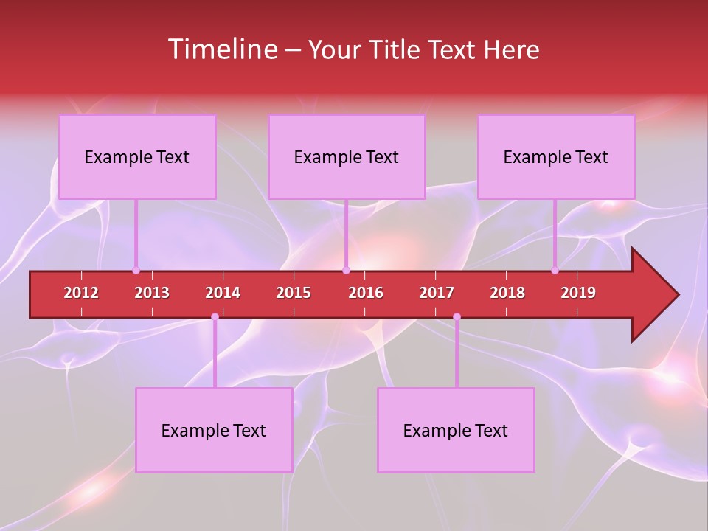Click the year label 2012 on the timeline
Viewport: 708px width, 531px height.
pos(81,293)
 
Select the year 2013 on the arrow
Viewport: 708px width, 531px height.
pos(152,293)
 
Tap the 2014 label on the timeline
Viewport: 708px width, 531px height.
pos(223,293)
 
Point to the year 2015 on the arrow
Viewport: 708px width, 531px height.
pos(294,293)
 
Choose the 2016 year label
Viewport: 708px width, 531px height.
pos(366,293)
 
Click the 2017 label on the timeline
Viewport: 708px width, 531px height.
pos(437,293)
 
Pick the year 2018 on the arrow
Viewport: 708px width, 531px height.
pos(507,293)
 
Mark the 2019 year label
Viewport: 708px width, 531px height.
pos(578,293)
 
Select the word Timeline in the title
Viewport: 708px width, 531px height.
pos(221,49)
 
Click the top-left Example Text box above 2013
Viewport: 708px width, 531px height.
pos(137,156)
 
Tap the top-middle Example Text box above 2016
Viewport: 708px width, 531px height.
pos(347,156)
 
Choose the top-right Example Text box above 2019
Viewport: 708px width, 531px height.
pos(556,156)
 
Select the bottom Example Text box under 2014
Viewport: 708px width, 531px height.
pos(214,430)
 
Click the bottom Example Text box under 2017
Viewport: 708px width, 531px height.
pos(456,430)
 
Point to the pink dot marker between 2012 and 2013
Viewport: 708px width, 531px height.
pos(136,271)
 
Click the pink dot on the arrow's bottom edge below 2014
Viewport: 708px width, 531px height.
pos(215,317)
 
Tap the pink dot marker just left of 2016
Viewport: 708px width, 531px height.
pos(346,271)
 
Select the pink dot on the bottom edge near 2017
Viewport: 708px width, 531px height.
pos(457,317)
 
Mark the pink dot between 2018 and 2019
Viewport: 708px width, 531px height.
pos(555,271)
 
